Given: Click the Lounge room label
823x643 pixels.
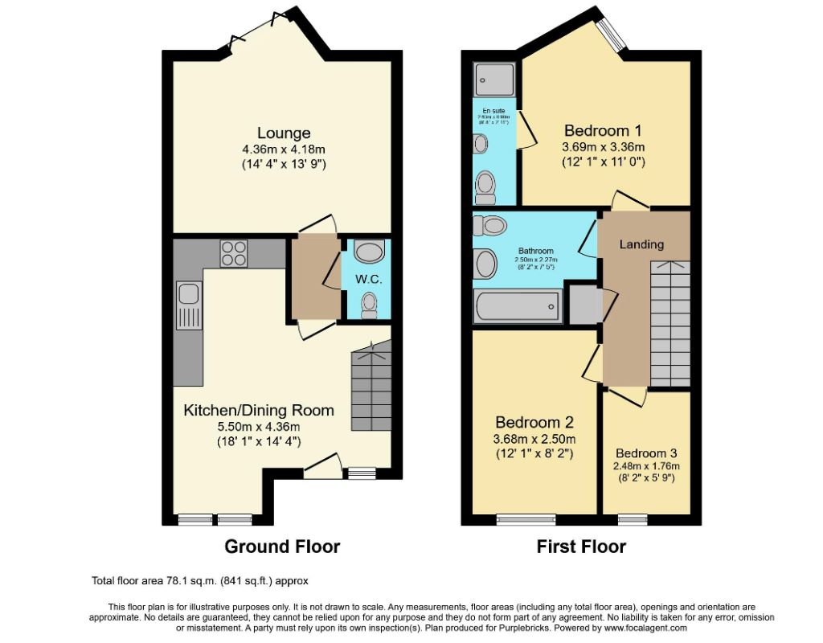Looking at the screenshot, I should [x=284, y=133].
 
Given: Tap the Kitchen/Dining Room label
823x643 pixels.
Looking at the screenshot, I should [x=259, y=410].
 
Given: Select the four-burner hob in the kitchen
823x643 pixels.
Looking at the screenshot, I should [x=234, y=253].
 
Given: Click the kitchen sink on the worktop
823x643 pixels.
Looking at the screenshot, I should [x=189, y=306].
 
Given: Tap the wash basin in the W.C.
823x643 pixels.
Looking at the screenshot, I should [x=369, y=252].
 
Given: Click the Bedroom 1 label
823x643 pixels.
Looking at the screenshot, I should [x=603, y=130].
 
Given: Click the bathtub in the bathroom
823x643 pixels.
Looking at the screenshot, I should [x=516, y=306].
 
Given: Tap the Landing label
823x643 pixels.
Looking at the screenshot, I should [x=641, y=244].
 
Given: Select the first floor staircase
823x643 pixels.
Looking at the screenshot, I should [x=669, y=326].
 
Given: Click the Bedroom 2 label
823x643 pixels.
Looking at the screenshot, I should [x=534, y=423].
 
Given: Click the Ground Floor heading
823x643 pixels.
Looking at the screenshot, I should [x=282, y=547].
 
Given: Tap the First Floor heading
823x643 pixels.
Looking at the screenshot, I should [x=581, y=547].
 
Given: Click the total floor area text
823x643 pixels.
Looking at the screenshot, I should [x=200, y=580].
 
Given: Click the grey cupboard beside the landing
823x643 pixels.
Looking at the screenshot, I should [x=585, y=304].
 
